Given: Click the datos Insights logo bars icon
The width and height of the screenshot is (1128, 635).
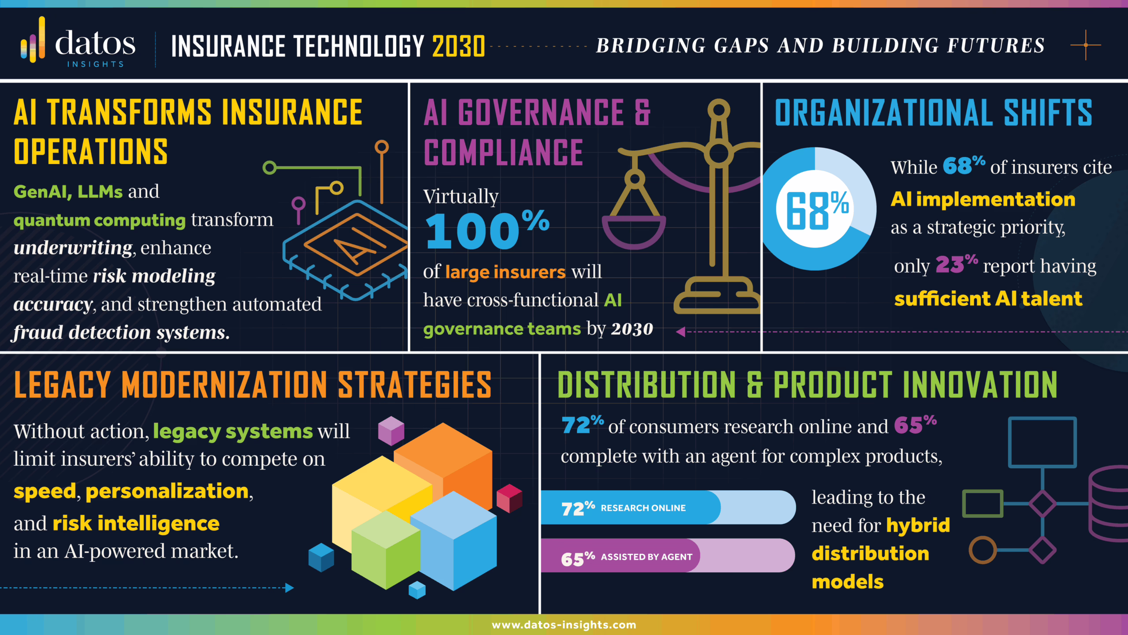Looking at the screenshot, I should click(33, 41).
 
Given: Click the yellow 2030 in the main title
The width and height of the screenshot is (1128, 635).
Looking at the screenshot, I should click(459, 46).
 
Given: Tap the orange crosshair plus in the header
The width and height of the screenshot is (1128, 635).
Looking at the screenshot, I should click(1086, 45).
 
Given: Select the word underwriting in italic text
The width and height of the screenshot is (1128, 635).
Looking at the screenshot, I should click(73, 248).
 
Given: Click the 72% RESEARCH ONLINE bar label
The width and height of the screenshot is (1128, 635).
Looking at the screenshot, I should click(623, 508).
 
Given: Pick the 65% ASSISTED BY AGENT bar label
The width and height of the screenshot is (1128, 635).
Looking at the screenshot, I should click(626, 557).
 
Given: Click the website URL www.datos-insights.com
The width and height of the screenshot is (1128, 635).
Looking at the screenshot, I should click(564, 625).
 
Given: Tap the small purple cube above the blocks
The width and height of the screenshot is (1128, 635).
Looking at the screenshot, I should click(391, 430).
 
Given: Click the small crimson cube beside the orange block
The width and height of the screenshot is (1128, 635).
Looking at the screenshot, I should click(509, 498).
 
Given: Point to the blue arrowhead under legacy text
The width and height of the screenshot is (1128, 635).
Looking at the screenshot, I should click(289, 588).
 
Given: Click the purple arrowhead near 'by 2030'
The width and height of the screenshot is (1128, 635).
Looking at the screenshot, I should click(681, 332).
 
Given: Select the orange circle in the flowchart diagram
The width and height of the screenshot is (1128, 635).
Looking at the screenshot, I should click(982, 550).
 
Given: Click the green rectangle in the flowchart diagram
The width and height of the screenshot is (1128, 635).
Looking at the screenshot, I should click(982, 504).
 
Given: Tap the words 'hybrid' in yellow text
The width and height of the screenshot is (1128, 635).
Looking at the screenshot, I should click(917, 525).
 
